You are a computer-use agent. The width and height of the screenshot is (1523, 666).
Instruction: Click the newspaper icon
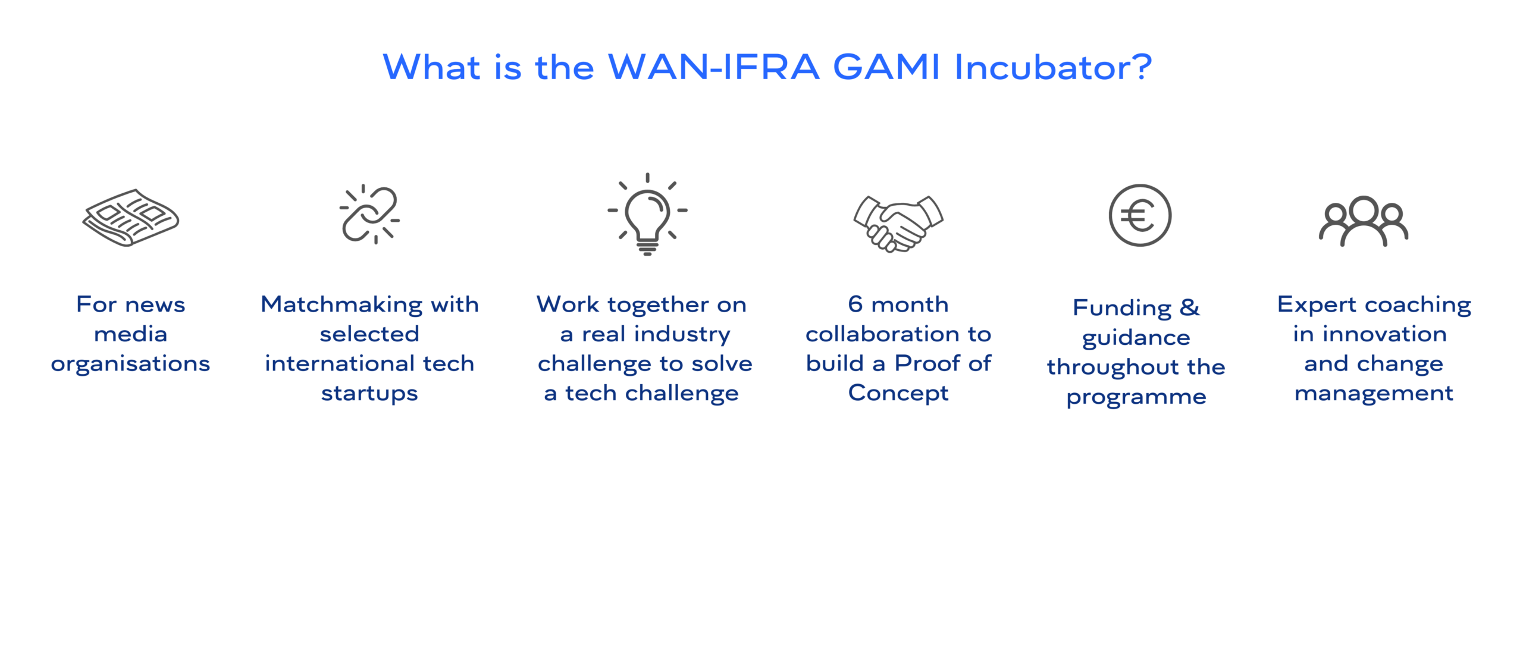(131, 218)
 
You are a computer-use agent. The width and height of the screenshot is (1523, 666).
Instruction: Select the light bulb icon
(647, 214)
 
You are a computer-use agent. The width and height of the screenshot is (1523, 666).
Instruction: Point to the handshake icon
(898, 224)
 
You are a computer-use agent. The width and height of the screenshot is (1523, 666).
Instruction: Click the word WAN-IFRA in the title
(714, 67)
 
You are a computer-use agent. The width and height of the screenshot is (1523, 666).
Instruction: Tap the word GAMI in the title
(886, 67)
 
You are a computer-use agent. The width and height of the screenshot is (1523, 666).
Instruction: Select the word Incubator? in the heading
(1053, 67)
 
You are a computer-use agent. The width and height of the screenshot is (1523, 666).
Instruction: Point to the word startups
(369, 394)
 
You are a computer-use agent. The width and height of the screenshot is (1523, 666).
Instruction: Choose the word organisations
(130, 364)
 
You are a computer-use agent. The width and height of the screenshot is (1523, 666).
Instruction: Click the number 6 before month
(855, 304)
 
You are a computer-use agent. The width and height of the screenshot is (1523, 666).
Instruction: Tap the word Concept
(898, 394)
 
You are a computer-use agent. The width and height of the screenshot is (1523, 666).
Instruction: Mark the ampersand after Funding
(1190, 307)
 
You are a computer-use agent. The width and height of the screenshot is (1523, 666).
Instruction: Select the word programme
(1136, 397)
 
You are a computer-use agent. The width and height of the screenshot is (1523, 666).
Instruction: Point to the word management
(1374, 394)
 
